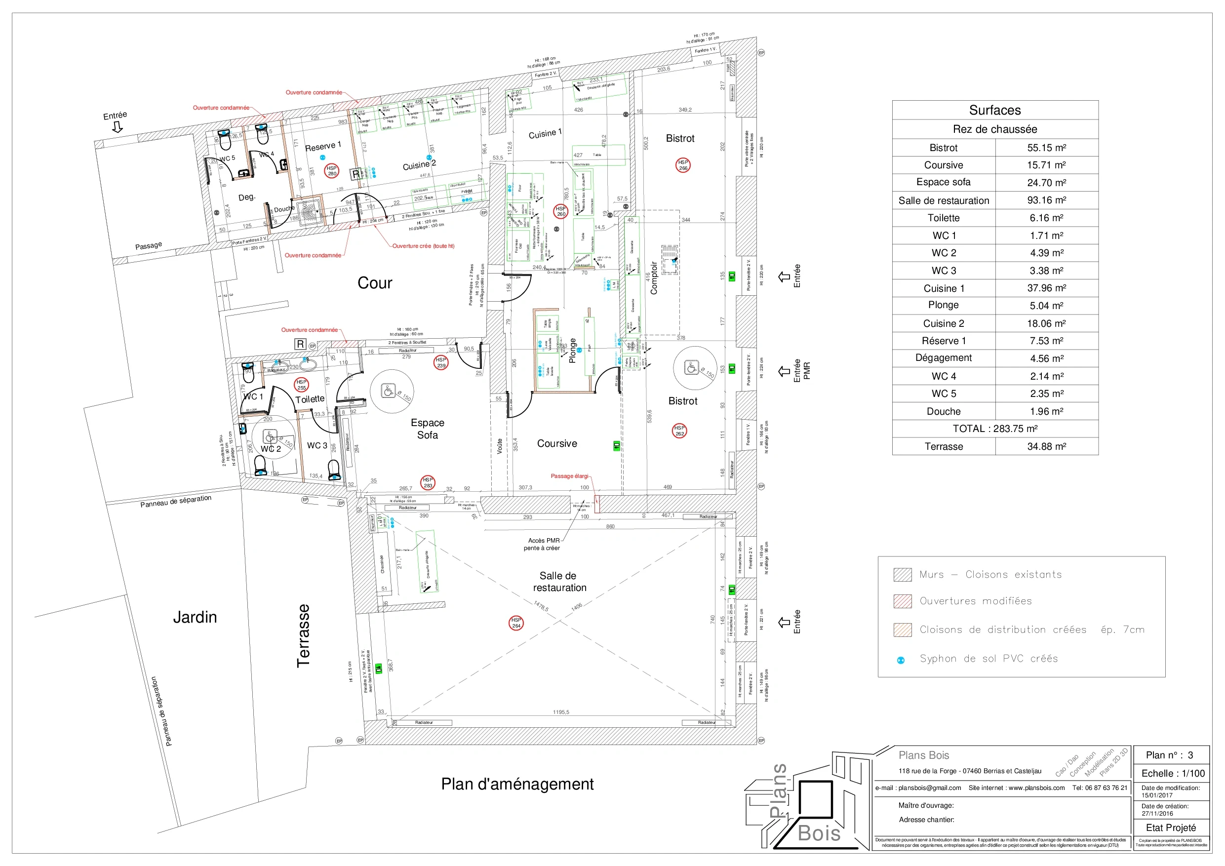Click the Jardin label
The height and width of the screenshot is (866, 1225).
[x=195, y=617]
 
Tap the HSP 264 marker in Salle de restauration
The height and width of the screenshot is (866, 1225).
[x=516, y=623]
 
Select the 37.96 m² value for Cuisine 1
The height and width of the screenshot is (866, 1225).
[x=1046, y=288]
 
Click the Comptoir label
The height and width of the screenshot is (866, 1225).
[x=654, y=278]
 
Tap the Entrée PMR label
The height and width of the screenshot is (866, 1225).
[x=801, y=370]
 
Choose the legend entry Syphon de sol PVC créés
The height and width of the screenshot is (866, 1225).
[x=988, y=659]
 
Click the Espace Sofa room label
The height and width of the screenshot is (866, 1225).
[x=428, y=429]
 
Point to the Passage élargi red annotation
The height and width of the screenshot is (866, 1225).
[x=569, y=476]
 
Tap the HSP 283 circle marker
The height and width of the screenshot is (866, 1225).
[x=428, y=482]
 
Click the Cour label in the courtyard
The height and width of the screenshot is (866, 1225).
[x=375, y=283]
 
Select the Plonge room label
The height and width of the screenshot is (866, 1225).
[x=572, y=351]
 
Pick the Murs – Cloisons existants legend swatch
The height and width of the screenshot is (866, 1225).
[x=902, y=575]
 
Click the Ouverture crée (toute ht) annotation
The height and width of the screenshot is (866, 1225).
[x=423, y=246]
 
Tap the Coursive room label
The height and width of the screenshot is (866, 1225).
[x=556, y=443]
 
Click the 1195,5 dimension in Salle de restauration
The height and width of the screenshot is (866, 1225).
[x=561, y=712]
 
